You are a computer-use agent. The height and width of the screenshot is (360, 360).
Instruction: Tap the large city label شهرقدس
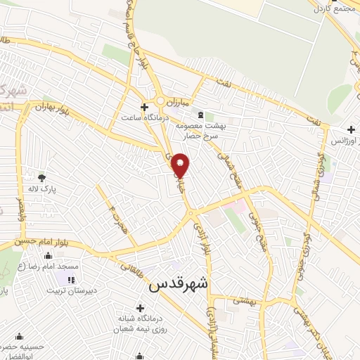click(179, 285)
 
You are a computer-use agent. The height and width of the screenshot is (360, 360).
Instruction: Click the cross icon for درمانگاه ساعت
click(144, 108)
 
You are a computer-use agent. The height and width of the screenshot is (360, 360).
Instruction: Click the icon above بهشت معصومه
click(202, 114)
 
